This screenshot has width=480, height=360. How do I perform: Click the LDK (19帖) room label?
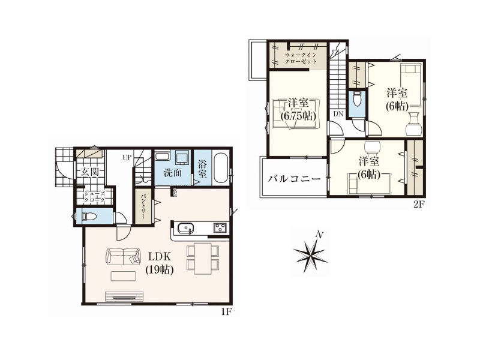[x=160, y=263]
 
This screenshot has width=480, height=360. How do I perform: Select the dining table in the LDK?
[x=203, y=259]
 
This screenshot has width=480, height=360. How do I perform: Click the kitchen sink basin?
[x=185, y=229]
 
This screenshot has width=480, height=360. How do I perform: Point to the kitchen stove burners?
[x=220, y=228]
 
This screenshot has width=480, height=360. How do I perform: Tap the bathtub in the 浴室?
[x=220, y=168]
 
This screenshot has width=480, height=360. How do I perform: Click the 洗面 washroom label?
[x=172, y=173]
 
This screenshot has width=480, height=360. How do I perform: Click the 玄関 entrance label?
[x=89, y=172]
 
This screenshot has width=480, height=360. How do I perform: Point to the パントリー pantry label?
[x=143, y=206]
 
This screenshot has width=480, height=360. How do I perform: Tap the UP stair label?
[x=127, y=158]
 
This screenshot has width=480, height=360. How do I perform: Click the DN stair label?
[x=338, y=114]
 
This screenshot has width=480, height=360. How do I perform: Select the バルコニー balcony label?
[x=294, y=178]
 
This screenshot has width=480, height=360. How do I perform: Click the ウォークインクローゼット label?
[x=301, y=58]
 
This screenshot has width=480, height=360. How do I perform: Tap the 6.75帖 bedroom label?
[x=298, y=110]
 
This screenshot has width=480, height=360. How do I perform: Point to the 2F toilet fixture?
[x=357, y=100]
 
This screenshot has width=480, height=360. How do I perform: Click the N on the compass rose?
[x=320, y=235]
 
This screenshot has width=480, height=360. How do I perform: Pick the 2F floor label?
[x=418, y=205]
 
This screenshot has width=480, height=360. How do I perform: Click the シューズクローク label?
[x=95, y=197]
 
